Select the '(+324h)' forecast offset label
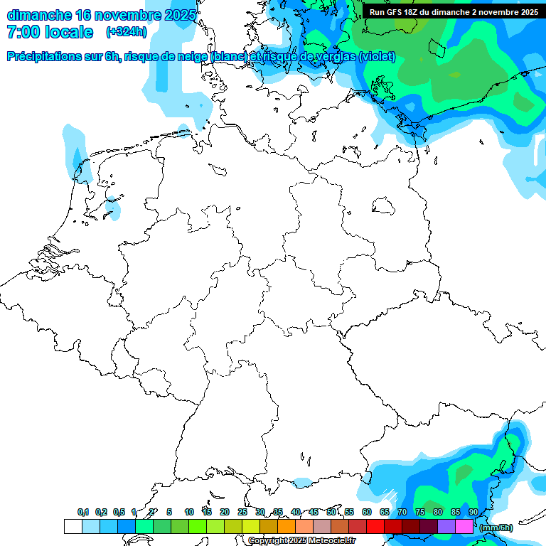click(x=127, y=32)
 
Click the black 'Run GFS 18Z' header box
click(x=454, y=11)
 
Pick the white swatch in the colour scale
click(x=73, y=526)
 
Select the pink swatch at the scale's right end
click(x=464, y=526)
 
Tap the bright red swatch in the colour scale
click(x=375, y=526)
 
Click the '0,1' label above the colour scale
click(x=83, y=512)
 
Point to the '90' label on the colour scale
click(x=473, y=512)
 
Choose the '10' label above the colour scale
click(x=188, y=512)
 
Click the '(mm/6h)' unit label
click(x=496, y=528)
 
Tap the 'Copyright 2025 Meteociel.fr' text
click(x=301, y=540)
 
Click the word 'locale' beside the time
click(x=70, y=32)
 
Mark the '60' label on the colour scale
click(x=367, y=512)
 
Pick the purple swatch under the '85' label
click(x=446, y=526)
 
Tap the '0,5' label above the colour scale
click(x=119, y=512)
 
